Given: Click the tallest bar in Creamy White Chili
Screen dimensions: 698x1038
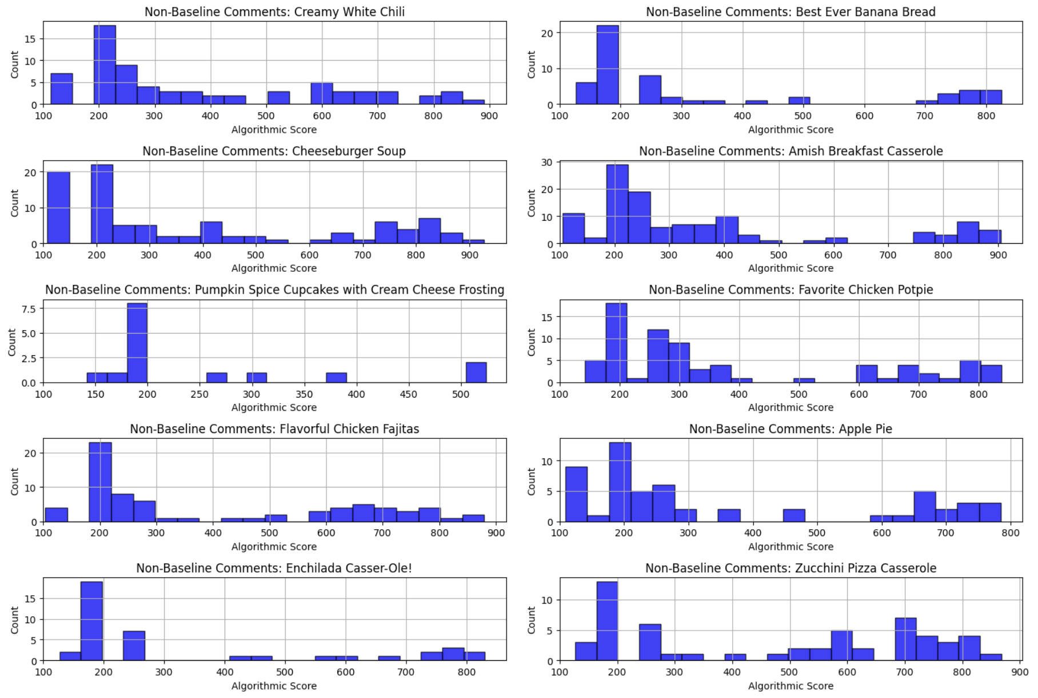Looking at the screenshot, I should (x=105, y=65).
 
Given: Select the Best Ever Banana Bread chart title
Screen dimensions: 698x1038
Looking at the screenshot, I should (x=791, y=12).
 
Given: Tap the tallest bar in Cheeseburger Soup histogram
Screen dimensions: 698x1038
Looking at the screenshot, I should (x=102, y=204).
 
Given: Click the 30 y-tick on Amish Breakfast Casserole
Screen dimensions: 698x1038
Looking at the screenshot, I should (x=546, y=162).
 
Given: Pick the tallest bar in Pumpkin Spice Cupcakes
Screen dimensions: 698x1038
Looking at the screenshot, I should (x=137, y=343).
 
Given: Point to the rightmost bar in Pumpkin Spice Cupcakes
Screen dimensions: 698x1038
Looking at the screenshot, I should (x=476, y=372).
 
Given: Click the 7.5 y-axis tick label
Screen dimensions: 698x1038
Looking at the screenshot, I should (x=29, y=309).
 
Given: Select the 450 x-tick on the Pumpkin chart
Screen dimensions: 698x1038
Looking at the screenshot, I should (x=408, y=394).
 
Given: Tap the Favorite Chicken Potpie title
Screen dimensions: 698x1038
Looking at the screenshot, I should (x=791, y=290).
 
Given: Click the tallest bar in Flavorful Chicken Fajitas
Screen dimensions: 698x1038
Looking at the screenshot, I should (x=100, y=482).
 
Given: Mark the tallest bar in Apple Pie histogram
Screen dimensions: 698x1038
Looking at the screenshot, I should (x=620, y=482).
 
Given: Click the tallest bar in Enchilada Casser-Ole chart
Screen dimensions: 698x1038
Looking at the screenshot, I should (x=91, y=621).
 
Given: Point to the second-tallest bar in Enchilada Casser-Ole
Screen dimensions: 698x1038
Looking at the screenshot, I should (x=134, y=646).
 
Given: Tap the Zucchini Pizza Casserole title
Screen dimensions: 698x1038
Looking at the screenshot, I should (x=791, y=568).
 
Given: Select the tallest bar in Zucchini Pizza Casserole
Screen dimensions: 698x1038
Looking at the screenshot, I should (x=607, y=621).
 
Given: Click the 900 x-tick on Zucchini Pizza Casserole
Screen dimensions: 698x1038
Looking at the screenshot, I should (x=1020, y=672).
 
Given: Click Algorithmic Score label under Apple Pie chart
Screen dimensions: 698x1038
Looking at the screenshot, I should (x=791, y=547).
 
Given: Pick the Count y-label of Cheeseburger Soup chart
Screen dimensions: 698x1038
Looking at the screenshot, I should (x=15, y=203).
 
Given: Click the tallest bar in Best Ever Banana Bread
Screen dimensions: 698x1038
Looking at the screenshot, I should (x=608, y=65).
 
